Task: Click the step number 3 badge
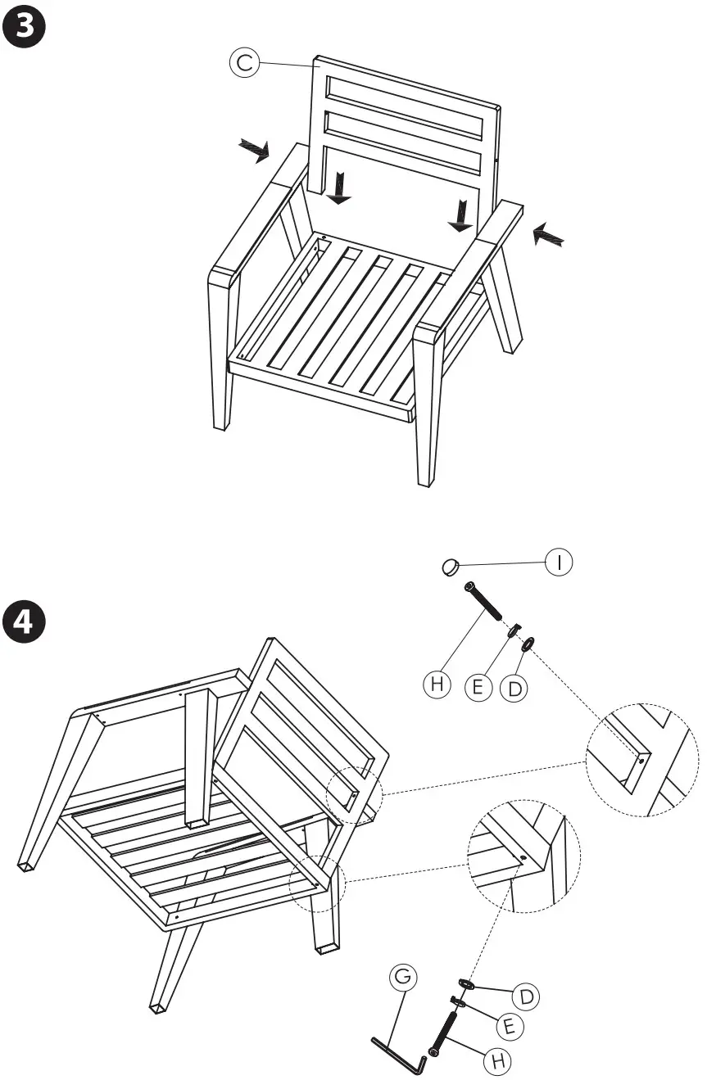tap(25, 26)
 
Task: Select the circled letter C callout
tap(244, 62)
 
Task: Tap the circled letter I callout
tap(560, 562)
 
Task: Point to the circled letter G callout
tap(404, 977)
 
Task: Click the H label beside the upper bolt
tap(437, 685)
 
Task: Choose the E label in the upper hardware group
tap(478, 686)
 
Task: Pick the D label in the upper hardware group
tap(514, 689)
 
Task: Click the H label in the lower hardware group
tap(496, 1061)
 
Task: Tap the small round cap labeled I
tap(450, 566)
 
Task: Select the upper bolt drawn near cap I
tap(483, 600)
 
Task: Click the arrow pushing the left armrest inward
tap(254, 150)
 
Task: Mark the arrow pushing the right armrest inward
tap(547, 236)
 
